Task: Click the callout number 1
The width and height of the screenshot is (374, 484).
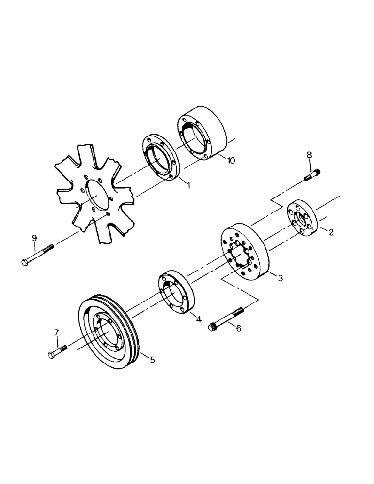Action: coord(188,185)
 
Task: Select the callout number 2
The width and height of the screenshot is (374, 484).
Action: coord(331,233)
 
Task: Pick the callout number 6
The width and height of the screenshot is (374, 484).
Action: coord(238,328)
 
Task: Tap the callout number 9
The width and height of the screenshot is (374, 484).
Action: coord(34,238)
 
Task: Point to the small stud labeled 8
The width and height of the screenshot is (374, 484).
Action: coord(312,175)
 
